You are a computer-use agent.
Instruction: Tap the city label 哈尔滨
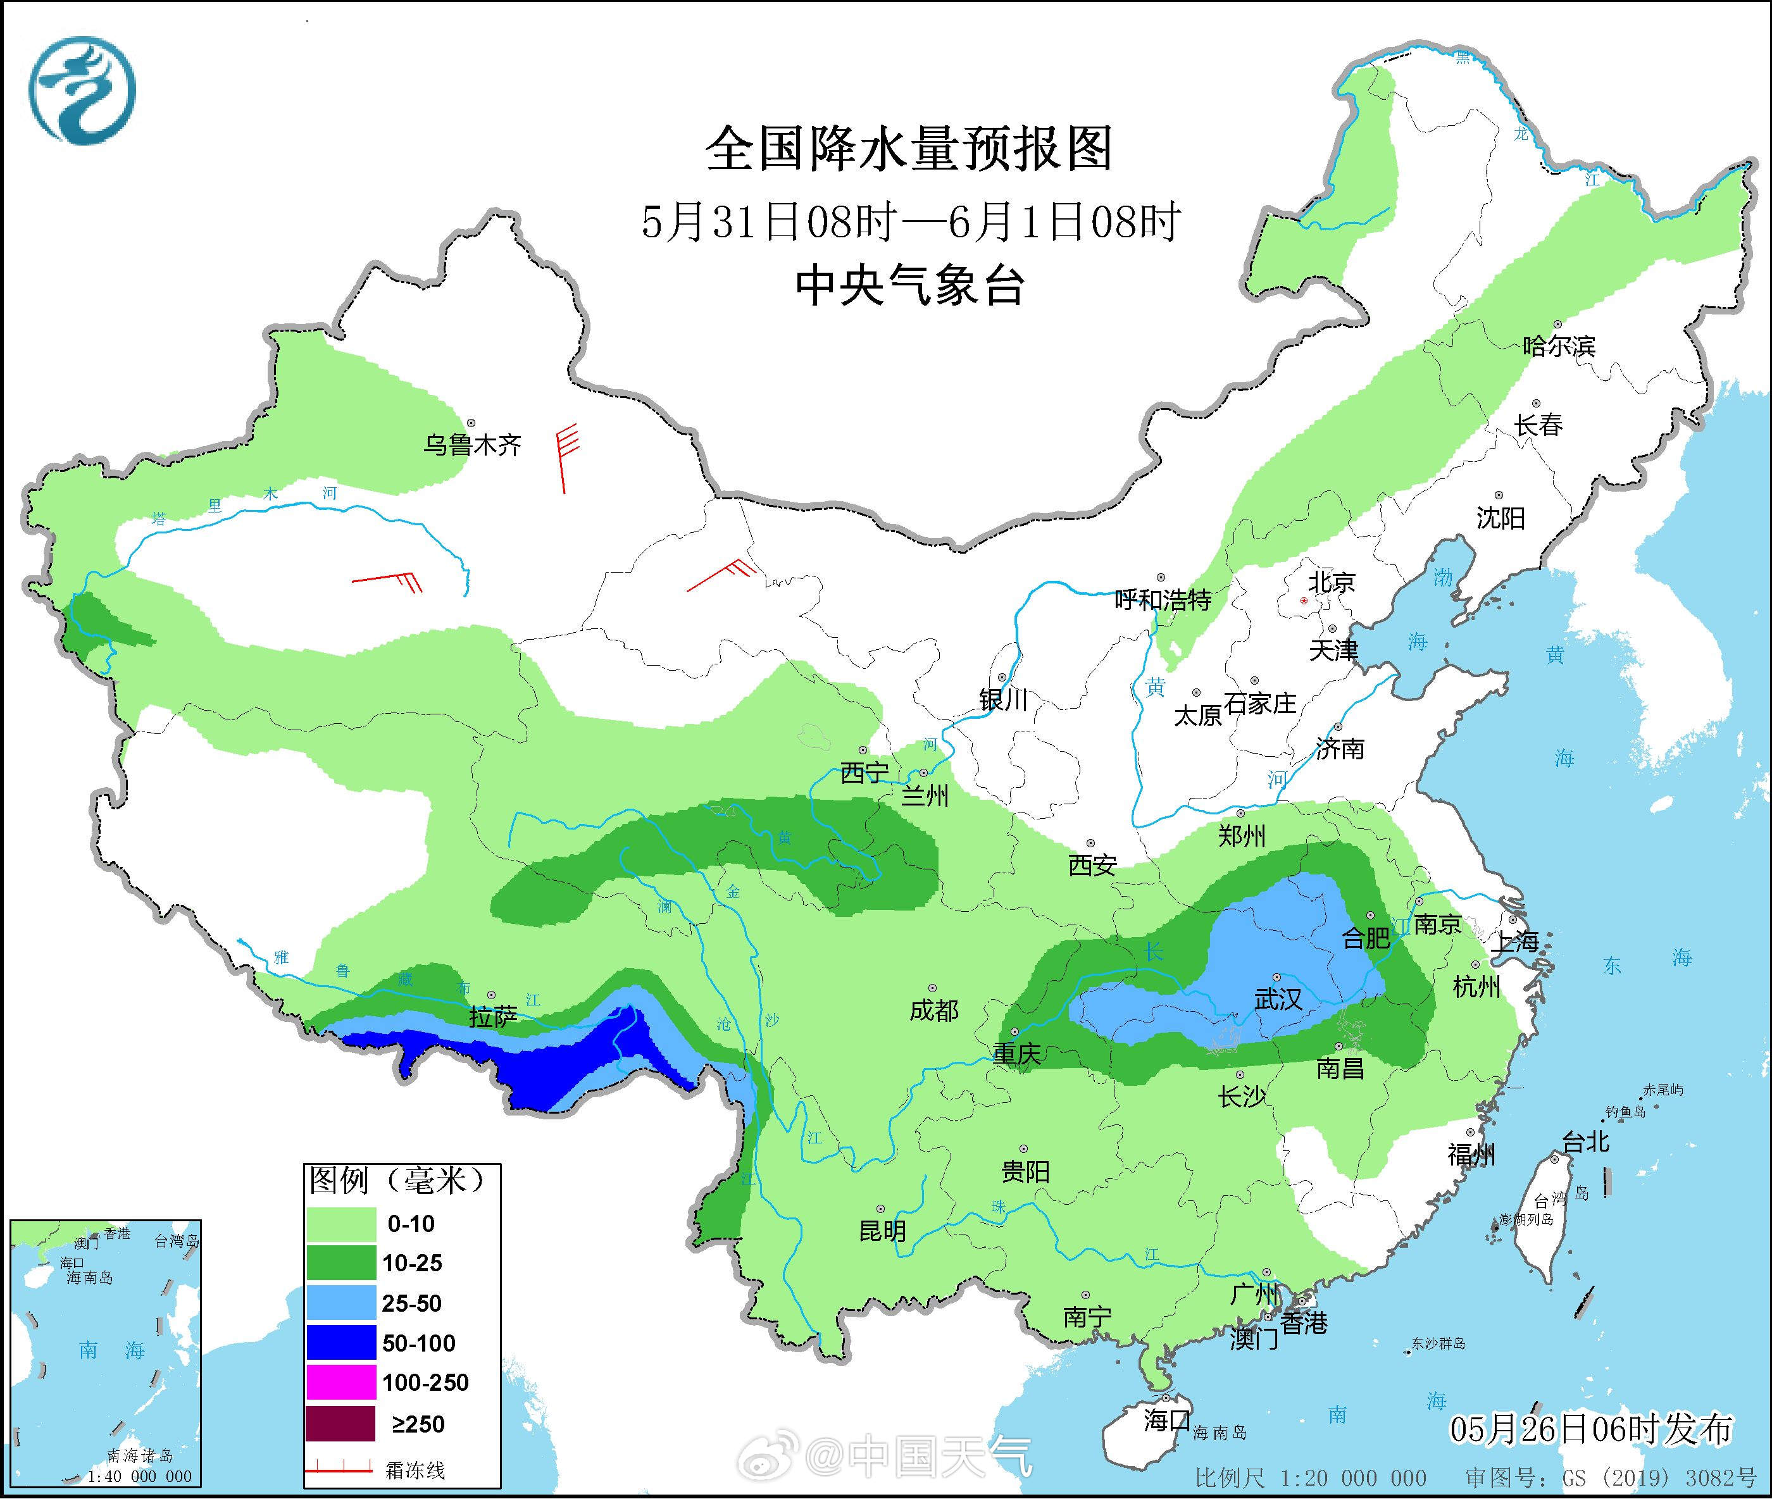click(1559, 347)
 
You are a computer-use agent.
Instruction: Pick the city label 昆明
click(882, 1231)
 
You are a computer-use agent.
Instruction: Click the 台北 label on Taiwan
click(1586, 1141)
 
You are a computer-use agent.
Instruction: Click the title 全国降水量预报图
click(909, 149)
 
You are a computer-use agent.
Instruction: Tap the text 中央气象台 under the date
click(909, 285)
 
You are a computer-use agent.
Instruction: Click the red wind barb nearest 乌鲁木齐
click(565, 459)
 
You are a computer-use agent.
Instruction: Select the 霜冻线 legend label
click(415, 1470)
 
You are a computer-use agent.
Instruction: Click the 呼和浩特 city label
click(1162, 600)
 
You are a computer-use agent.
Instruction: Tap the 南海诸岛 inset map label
click(140, 1456)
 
